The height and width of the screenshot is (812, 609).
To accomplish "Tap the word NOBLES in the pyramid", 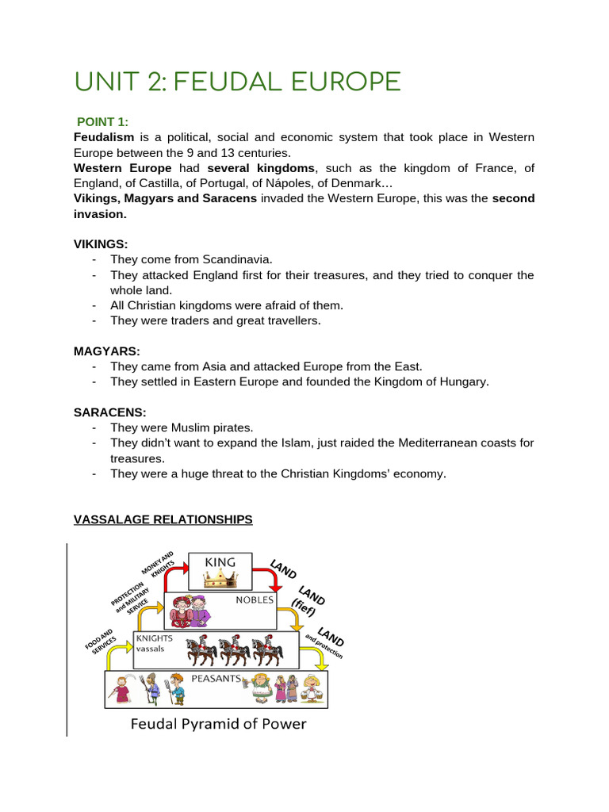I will point(254,600).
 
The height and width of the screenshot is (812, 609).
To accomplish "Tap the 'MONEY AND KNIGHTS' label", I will point(157,564).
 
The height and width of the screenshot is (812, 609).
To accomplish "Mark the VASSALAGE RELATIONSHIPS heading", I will point(163,519).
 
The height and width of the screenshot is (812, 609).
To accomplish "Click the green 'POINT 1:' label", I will point(102,121).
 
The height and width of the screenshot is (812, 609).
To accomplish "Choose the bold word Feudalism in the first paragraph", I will point(104,138).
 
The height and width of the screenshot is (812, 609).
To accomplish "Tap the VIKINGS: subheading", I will point(101,243).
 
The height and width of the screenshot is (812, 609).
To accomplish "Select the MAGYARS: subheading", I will point(105,350).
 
